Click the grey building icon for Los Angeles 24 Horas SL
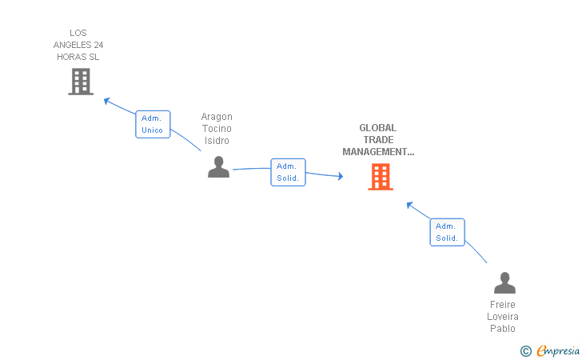(x=81, y=82)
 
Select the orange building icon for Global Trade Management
(x=381, y=177)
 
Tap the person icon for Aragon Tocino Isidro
(x=218, y=167)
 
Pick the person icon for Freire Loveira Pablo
(x=504, y=283)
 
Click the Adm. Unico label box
(x=153, y=124)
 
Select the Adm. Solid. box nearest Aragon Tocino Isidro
(x=288, y=172)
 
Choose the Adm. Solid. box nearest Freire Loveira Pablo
(x=447, y=232)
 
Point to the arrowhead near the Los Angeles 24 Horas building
(x=108, y=101)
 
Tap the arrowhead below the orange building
(x=409, y=205)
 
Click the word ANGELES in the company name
(x=78, y=45)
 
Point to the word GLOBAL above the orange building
(x=377, y=128)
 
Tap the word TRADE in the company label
(x=377, y=140)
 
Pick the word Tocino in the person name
(x=217, y=129)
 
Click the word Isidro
(x=217, y=141)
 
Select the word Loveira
(x=504, y=317)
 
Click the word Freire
(x=504, y=305)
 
